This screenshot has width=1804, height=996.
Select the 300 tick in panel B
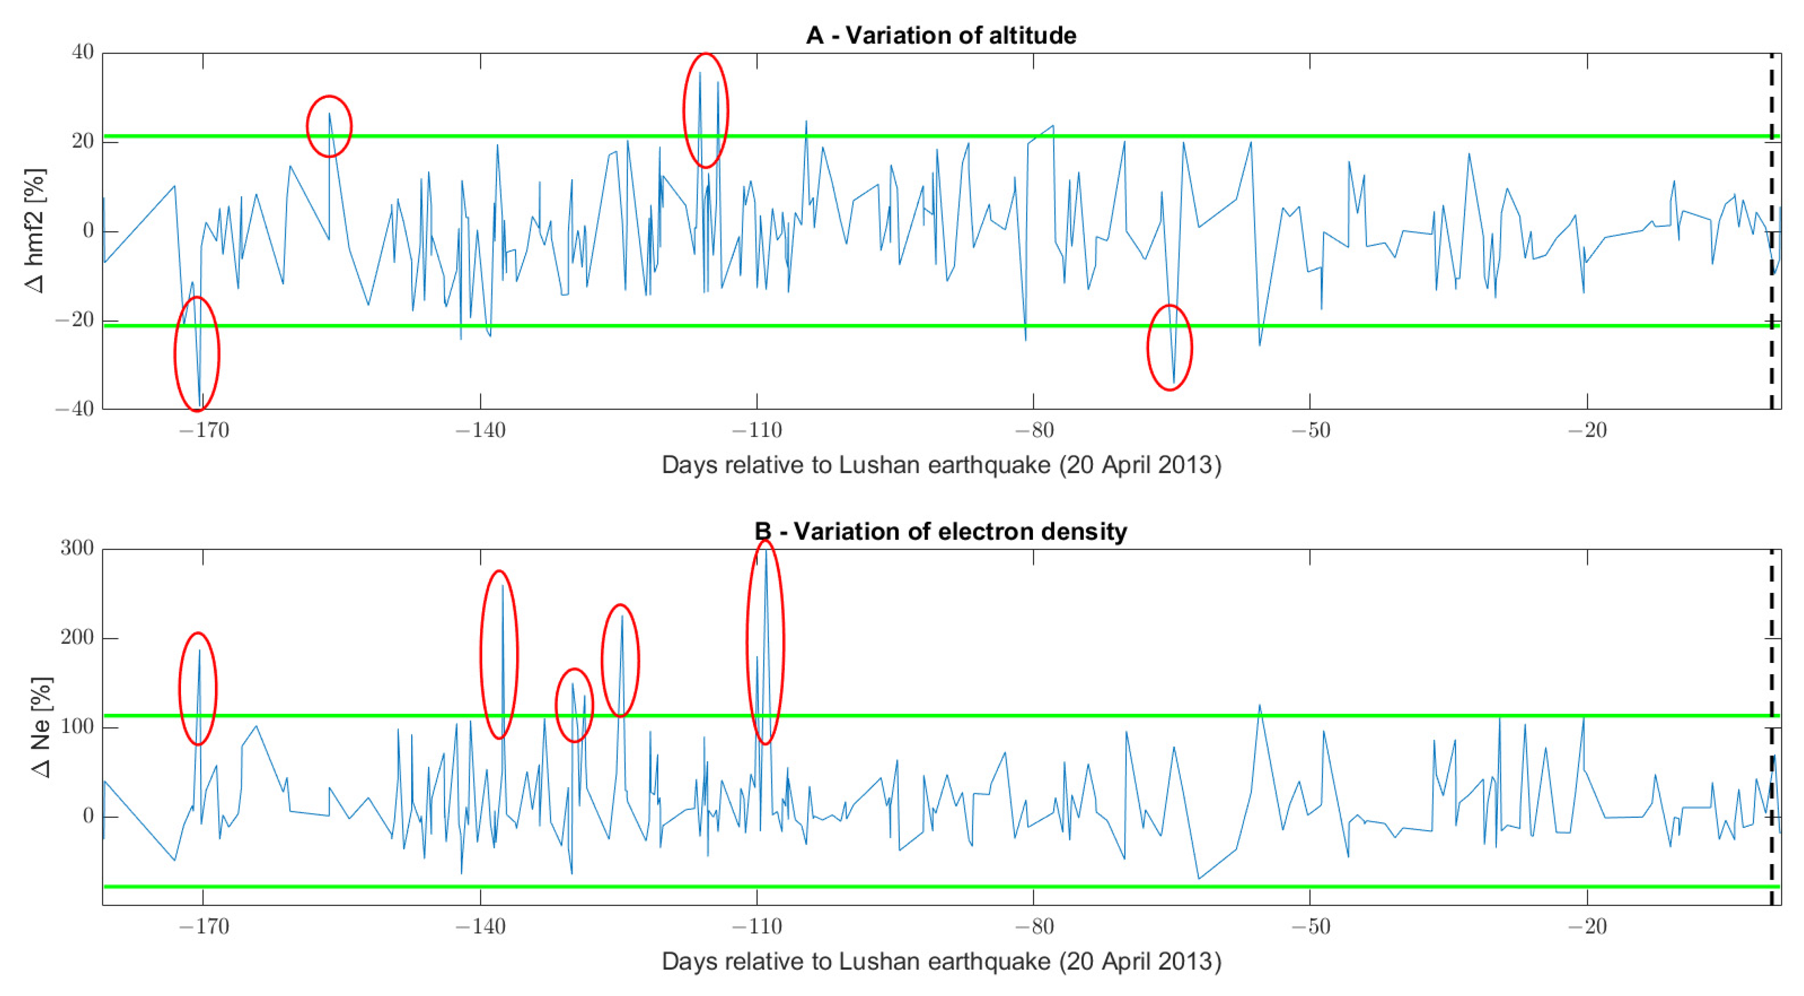[77, 549]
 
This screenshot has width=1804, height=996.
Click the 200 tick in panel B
[77, 638]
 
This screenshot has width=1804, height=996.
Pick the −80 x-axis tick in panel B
[1034, 927]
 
